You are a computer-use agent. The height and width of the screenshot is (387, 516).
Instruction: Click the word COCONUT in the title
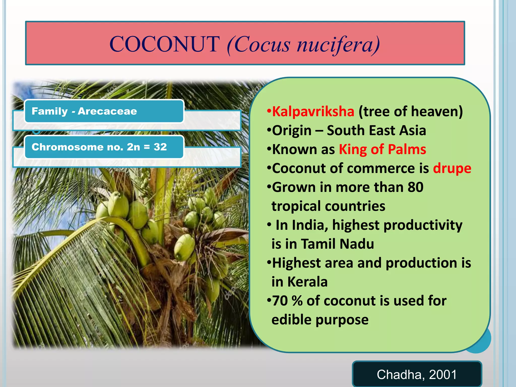pyautogui.click(x=164, y=44)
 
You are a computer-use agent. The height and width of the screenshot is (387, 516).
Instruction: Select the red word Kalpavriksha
pyautogui.click(x=313, y=111)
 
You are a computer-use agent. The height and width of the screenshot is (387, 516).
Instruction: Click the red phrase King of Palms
pyautogui.click(x=382, y=149)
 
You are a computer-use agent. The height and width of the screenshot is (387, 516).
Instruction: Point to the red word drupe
pyautogui.click(x=452, y=168)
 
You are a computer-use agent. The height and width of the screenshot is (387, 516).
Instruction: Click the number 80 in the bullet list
pyautogui.click(x=415, y=187)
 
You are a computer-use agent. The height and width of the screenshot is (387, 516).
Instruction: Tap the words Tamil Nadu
pyautogui.click(x=338, y=244)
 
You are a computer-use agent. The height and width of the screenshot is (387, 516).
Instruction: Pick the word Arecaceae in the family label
pyautogui.click(x=107, y=111)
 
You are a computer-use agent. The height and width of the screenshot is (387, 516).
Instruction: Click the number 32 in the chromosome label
pyautogui.click(x=160, y=147)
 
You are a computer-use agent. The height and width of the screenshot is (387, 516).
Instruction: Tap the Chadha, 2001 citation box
pyautogui.click(x=417, y=374)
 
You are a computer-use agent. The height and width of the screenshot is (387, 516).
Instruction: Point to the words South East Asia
pyautogui.click(x=376, y=131)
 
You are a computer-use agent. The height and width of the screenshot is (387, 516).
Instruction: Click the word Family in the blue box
pyautogui.click(x=50, y=111)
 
